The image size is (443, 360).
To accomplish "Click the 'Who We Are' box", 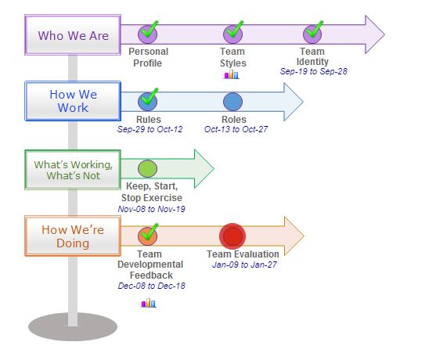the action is [73, 34].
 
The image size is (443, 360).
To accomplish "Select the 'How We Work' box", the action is [73, 101].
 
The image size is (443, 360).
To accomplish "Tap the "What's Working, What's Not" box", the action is [73, 170].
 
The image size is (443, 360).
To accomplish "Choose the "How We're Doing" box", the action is [73, 236].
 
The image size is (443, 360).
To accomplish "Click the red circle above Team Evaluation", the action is [232, 236].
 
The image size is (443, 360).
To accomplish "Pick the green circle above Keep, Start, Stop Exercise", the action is [147, 169].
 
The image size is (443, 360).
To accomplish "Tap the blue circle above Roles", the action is [232, 102].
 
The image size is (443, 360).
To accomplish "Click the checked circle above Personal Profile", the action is [148, 34].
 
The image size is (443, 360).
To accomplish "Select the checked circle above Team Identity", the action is [313, 34].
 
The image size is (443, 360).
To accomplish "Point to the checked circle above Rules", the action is [148, 101].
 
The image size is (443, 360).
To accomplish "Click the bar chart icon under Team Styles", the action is [232, 74].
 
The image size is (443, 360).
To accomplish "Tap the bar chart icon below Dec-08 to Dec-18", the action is [149, 303].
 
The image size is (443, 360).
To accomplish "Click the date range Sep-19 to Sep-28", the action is [314, 71].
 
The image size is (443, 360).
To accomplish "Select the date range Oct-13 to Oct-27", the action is [236, 129].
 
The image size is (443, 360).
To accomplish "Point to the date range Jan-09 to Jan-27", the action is [244, 265].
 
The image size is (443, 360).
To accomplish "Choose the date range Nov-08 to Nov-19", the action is [151, 209].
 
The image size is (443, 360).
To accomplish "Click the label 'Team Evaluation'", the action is [243, 254].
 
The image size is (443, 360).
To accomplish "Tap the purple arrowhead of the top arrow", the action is [375, 34].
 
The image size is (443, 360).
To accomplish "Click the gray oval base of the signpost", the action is [73, 326].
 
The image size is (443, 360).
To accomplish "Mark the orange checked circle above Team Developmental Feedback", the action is [148, 236].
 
